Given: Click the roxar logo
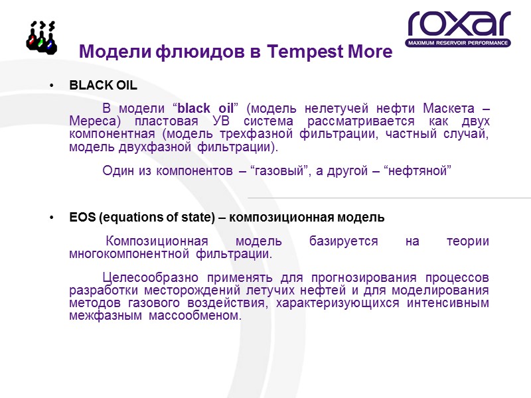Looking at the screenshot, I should (459, 25).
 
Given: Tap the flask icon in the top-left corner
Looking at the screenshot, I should (40, 36).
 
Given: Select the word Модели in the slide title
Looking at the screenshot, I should (115, 52).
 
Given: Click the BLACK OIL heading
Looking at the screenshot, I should (103, 86).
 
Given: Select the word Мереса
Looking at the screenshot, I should (93, 122).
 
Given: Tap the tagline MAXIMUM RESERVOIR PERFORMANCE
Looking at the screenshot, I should (459, 43).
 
